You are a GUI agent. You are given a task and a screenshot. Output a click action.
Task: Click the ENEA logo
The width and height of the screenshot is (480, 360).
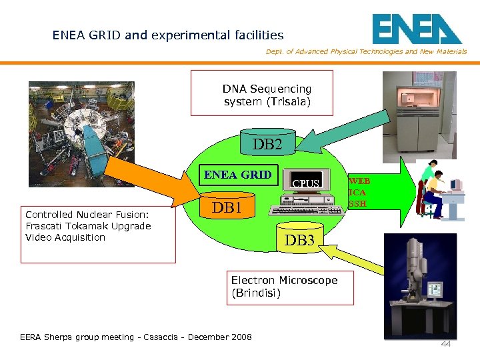tap(416, 29)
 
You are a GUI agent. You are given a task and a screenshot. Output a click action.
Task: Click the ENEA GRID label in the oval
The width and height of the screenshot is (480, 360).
tap(237, 175)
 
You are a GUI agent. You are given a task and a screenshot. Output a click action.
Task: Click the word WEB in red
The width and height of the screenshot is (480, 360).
tap(359, 181)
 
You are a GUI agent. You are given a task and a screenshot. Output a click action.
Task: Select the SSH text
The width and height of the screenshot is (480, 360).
tap(357, 203)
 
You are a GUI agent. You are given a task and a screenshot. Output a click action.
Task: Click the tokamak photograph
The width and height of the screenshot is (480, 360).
tap(81, 133)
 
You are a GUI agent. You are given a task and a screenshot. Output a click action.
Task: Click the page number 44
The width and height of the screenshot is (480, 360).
tap(445, 343)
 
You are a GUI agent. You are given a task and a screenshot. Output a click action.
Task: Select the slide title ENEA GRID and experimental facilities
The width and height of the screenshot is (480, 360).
tap(168, 35)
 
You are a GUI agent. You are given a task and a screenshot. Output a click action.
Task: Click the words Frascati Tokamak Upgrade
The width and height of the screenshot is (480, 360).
tap(88, 225)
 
